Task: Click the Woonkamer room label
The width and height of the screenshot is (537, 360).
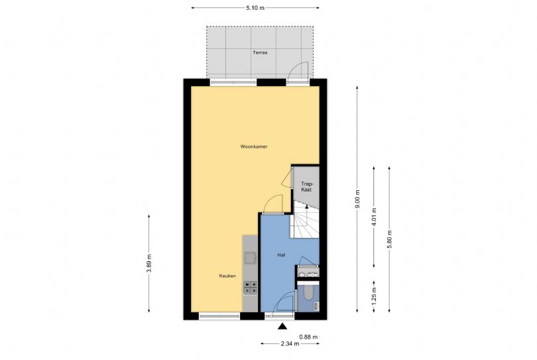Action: click(x=254, y=147)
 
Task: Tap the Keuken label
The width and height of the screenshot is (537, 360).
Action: click(x=227, y=276)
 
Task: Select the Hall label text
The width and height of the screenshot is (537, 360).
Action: click(x=280, y=255)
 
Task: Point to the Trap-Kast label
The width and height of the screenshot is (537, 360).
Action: click(x=306, y=186)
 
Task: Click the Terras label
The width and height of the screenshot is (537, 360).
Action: click(x=259, y=52)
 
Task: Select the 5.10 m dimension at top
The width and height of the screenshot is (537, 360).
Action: click(x=255, y=8)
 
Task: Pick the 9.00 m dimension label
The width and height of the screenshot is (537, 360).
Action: click(x=357, y=199)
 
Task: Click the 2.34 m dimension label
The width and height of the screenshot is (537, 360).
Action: click(x=289, y=343)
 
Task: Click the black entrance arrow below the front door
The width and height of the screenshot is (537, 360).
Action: click(x=283, y=326)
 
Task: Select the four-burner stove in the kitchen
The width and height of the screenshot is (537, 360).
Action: click(x=251, y=287)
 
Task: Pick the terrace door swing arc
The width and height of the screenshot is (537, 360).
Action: click(x=300, y=70)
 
